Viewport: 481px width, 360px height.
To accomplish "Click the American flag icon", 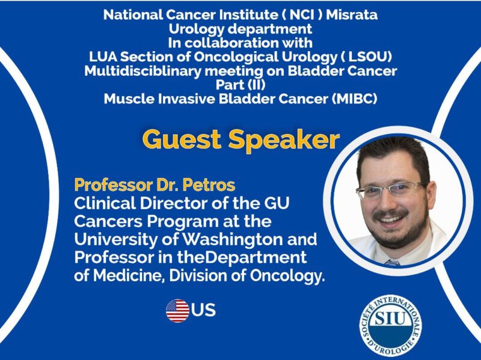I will click(x=177, y=311).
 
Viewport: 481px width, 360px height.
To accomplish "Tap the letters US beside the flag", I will click(x=204, y=311).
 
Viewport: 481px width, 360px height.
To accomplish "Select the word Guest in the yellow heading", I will click(x=182, y=139).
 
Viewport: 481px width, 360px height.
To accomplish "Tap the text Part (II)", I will click(x=240, y=85).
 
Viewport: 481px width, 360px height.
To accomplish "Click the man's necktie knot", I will click(x=391, y=262).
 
